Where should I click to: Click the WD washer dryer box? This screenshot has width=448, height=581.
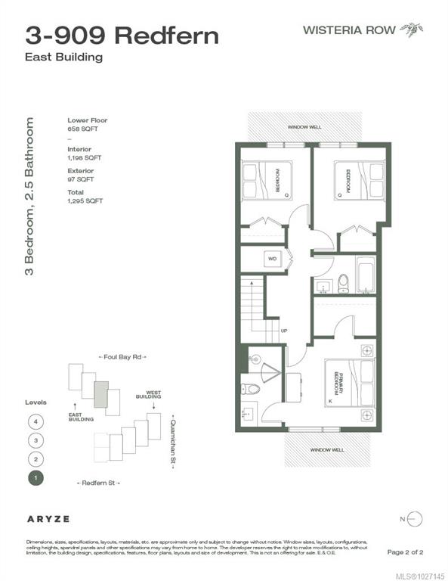tap(272, 259)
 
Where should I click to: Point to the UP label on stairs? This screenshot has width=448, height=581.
tap(284, 331)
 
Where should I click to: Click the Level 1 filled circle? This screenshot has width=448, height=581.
tap(34, 477)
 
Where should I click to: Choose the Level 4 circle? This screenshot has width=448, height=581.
tap(34, 421)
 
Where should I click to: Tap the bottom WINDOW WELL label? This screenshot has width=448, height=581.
tap(332, 449)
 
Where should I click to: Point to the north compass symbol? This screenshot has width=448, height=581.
tap(416, 519)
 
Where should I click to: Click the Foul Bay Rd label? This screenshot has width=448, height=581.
tap(122, 356)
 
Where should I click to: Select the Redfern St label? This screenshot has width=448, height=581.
tap(98, 482)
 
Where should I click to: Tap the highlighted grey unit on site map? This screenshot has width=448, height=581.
tap(100, 395)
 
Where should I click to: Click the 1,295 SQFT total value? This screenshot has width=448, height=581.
tap(85, 200)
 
